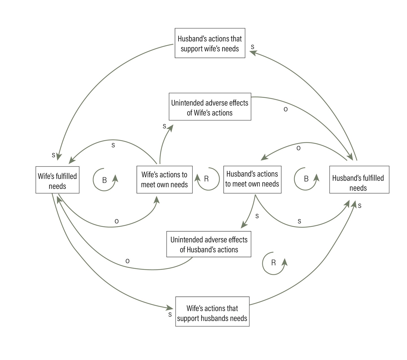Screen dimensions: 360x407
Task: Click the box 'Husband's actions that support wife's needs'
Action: tap(210, 43)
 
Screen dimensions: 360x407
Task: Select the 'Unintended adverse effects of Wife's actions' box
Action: tap(210, 107)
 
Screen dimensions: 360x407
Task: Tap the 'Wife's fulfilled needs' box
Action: tap(57, 180)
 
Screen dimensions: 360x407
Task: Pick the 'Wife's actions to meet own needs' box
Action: tap(164, 180)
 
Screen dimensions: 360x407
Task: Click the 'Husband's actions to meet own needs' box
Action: tap(252, 180)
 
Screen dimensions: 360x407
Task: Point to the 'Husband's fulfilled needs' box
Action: tap(359, 180)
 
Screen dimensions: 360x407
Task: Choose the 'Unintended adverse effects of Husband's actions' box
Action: tap(209, 244)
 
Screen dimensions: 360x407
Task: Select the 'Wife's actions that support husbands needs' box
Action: tap(212, 311)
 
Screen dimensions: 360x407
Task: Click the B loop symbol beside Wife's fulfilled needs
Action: tap(105, 180)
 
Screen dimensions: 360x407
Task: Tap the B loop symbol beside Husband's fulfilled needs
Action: tap(306, 179)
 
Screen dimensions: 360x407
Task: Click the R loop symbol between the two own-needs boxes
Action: tap(207, 179)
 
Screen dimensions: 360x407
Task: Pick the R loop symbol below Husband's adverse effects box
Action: tap(273, 263)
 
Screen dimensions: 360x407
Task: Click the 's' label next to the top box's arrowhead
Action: tap(252, 47)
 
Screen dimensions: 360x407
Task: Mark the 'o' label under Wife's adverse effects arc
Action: tap(285, 109)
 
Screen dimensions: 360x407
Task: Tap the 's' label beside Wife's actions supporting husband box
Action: tap(170, 314)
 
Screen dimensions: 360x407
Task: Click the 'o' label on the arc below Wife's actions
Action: tap(116, 221)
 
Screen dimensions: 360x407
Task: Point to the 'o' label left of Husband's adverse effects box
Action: tap(127, 261)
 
